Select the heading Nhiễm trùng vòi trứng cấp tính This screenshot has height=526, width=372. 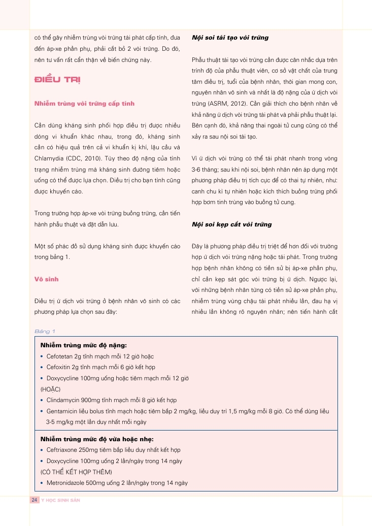[84, 104]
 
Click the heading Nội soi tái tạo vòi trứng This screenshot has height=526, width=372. [230, 38]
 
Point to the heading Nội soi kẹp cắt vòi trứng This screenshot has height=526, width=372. [231, 224]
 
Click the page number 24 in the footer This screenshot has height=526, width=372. [35, 500]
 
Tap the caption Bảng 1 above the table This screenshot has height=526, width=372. [45, 331]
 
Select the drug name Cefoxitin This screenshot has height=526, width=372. [57, 367]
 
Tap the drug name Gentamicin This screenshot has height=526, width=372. [61, 411]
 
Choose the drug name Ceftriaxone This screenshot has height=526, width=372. [61, 450]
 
